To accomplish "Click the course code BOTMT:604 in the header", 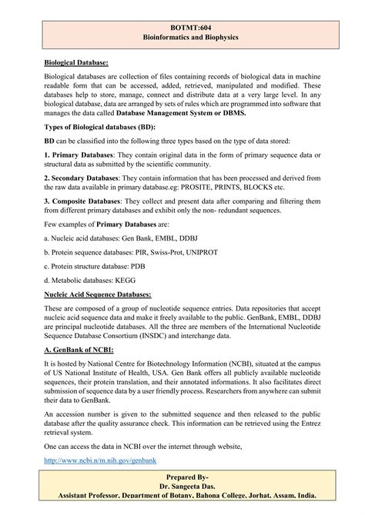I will coord(182,25).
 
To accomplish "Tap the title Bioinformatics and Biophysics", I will coord(182,36).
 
